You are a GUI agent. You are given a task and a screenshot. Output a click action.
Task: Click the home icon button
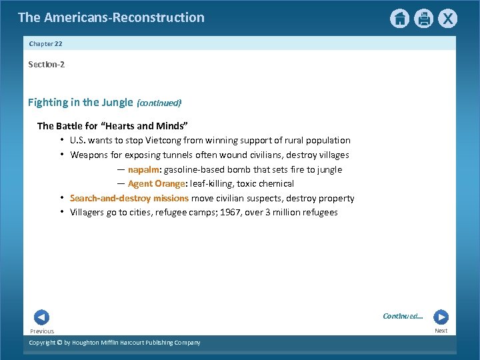click(399, 19)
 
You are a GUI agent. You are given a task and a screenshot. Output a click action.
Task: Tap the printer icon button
click(423, 19)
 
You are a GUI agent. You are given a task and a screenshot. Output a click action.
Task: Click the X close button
click(448, 19)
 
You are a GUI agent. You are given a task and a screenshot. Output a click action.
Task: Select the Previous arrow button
click(41, 317)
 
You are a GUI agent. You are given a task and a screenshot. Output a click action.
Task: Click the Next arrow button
click(441, 317)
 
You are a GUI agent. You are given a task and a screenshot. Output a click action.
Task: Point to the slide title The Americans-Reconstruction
click(111, 17)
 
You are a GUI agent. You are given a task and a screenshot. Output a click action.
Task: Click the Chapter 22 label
click(45, 43)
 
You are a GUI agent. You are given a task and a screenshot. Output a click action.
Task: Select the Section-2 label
click(46, 65)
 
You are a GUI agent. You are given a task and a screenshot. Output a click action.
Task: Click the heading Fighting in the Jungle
click(80, 102)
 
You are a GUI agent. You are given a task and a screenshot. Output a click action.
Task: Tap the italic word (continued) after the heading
click(159, 103)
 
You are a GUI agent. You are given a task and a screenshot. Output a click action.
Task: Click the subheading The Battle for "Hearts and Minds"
click(113, 125)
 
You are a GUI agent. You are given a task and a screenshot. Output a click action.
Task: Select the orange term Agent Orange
click(155, 183)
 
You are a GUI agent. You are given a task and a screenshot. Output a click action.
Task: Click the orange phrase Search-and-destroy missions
click(129, 198)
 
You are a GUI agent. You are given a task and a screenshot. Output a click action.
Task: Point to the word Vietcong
click(163, 140)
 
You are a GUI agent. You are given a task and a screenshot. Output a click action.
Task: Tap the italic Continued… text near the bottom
click(403, 316)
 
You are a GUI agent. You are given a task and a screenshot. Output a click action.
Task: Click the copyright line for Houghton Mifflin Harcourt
click(114, 343)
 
